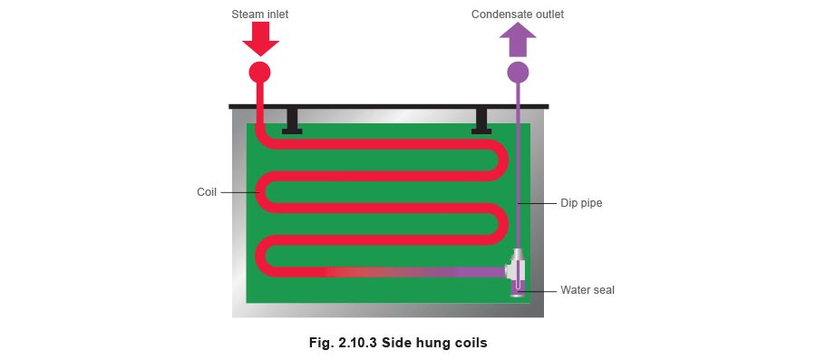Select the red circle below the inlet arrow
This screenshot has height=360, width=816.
coord(260,71)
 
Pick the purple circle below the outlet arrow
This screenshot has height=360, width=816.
coord(518,71)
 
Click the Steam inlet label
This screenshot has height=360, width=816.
coord(259,15)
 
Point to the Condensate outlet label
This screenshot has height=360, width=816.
coord(518,15)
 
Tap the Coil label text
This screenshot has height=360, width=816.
coord(207,192)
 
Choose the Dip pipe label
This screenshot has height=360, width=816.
coord(576,204)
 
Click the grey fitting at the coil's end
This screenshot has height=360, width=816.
coord(515,268)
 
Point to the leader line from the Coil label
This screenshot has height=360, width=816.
coord(238,192)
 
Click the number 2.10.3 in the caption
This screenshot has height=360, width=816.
coord(358,343)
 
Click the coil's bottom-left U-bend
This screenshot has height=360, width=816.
coord(260,256)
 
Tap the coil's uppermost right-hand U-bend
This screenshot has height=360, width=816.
coord(500,161)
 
